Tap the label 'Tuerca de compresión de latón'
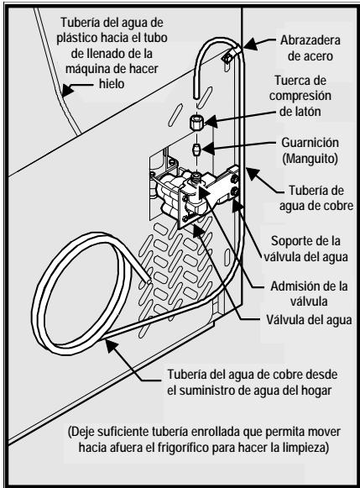pyautogui.click(x=308, y=107)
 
